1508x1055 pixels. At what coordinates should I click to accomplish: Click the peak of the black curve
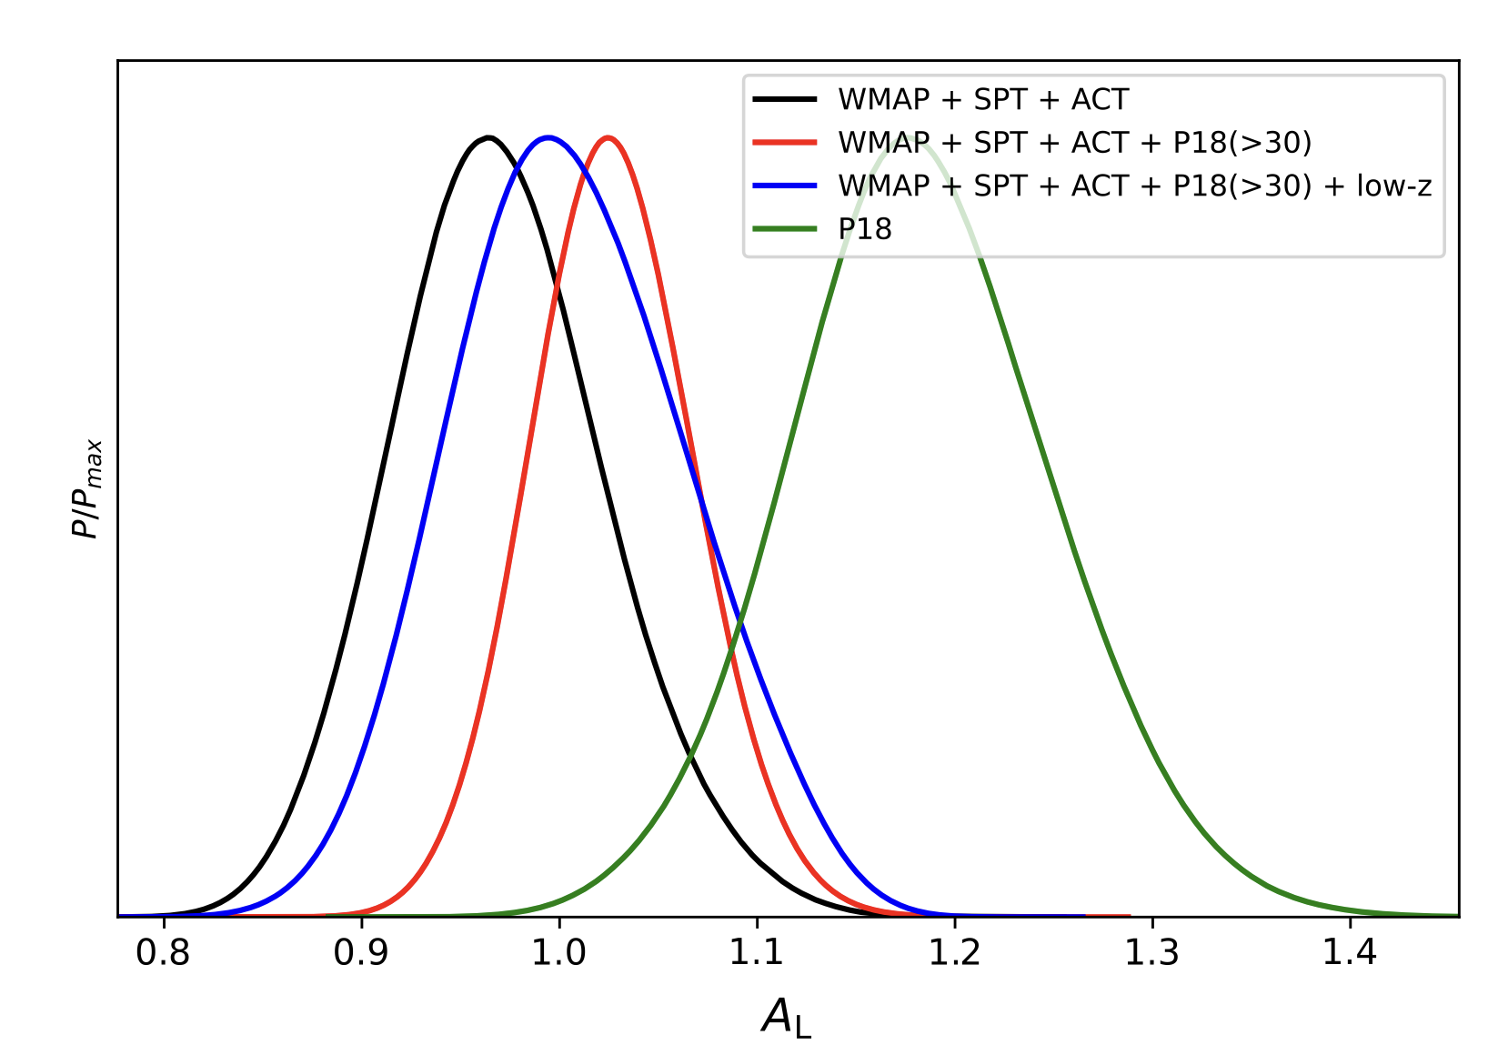[x=488, y=138]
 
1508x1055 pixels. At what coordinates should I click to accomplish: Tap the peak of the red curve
[x=608, y=138]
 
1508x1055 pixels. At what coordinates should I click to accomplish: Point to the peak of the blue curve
[x=548, y=138]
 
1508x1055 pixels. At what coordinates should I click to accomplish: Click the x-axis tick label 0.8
[x=163, y=953]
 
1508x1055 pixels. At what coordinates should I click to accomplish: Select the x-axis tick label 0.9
[x=361, y=953]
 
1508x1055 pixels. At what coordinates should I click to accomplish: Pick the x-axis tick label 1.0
[x=558, y=953]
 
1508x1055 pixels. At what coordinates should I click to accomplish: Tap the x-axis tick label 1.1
[x=757, y=953]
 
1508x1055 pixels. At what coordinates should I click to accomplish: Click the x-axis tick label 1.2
[x=955, y=953]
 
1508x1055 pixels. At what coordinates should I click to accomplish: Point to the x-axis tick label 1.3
[x=1152, y=953]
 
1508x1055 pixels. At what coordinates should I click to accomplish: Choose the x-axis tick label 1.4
[x=1351, y=953]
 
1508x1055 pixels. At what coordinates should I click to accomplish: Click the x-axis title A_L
[x=787, y=1017]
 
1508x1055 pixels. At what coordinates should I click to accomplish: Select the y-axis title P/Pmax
[x=86, y=488]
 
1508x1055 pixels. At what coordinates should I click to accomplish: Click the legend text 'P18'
[x=865, y=229]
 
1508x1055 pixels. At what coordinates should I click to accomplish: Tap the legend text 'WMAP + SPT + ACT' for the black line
[x=983, y=99]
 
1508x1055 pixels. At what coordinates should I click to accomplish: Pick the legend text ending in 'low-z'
[x=1135, y=186]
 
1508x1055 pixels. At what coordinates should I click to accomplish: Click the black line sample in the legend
[x=785, y=99]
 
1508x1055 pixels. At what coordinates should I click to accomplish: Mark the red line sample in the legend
[x=785, y=143]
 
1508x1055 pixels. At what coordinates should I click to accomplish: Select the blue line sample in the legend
[x=785, y=186]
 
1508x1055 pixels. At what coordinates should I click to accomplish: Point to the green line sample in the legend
[x=785, y=229]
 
